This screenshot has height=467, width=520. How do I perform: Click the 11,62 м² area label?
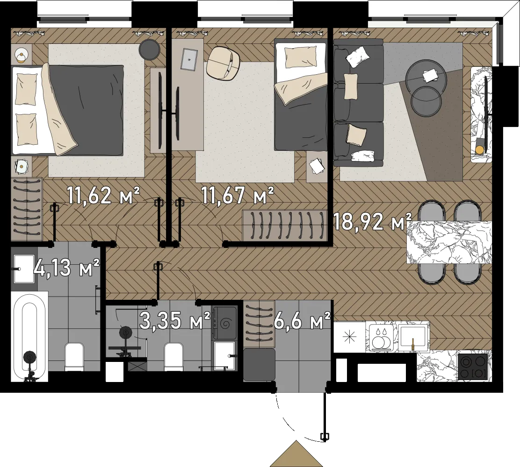click(x=103, y=195)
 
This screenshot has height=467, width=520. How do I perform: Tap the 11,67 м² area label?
click(x=238, y=195)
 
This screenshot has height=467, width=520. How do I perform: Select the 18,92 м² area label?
click(x=372, y=221)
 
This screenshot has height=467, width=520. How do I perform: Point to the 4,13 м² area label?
click(x=66, y=268)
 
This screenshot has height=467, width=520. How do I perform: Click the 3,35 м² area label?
click(x=175, y=320)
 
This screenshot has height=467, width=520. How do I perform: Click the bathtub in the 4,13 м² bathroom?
click(x=29, y=337)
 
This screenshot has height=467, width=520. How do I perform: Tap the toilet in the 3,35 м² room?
click(x=174, y=356)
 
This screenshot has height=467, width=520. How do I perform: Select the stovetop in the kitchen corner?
click(x=473, y=367)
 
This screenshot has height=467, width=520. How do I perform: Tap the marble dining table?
click(x=449, y=243)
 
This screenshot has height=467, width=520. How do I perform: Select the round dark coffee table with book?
click(x=426, y=77)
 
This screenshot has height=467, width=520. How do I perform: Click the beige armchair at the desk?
click(x=223, y=63)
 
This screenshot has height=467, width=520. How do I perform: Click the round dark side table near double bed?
click(x=149, y=50)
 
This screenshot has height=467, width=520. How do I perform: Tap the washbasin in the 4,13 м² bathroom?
click(x=24, y=269)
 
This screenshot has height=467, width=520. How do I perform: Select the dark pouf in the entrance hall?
click(x=259, y=364)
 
